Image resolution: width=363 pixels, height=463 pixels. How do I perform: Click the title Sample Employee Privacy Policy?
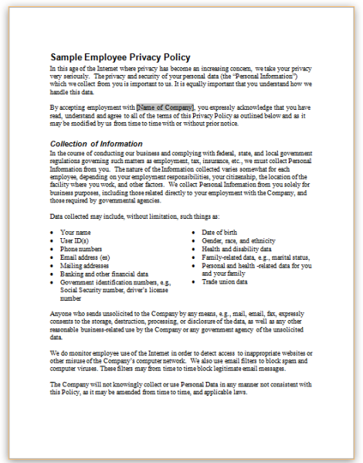click(120, 57)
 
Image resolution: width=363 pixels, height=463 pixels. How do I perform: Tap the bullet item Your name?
click(74, 231)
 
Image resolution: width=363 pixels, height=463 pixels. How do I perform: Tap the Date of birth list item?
click(222, 231)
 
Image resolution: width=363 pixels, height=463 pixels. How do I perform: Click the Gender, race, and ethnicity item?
click(238, 240)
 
